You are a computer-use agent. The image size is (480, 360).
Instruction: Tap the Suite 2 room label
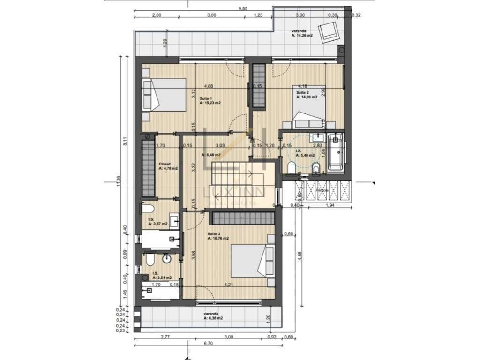point(306,95)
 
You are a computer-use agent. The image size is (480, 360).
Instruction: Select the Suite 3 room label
point(218,236)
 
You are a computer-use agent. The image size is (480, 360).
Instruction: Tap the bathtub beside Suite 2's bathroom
point(336,152)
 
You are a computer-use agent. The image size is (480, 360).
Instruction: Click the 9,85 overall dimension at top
point(242,8)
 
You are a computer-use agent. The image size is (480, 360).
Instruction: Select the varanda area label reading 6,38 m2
point(212,316)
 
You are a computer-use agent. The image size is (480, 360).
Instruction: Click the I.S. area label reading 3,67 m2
point(157,222)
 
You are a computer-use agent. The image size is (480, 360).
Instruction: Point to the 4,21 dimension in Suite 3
point(229,285)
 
